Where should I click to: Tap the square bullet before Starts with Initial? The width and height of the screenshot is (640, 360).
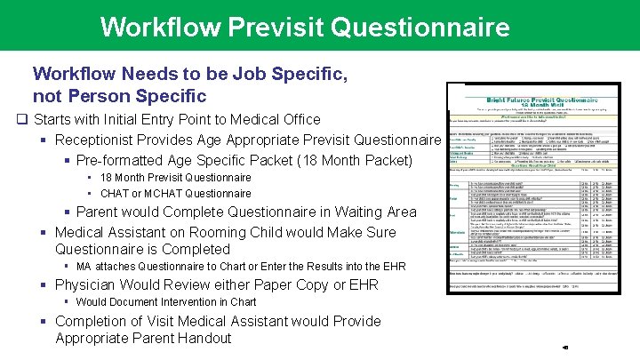20,119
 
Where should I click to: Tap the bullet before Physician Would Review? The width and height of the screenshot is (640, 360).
44,285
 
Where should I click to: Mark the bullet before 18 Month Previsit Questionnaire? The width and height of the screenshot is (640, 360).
92,177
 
